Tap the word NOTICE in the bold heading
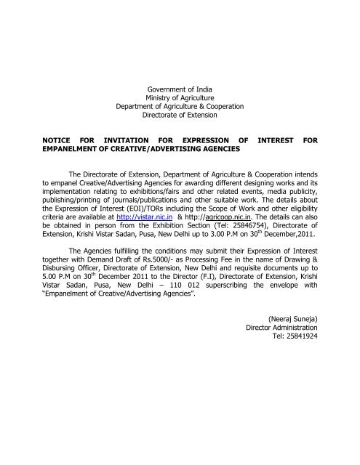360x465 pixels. pos(55,137)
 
